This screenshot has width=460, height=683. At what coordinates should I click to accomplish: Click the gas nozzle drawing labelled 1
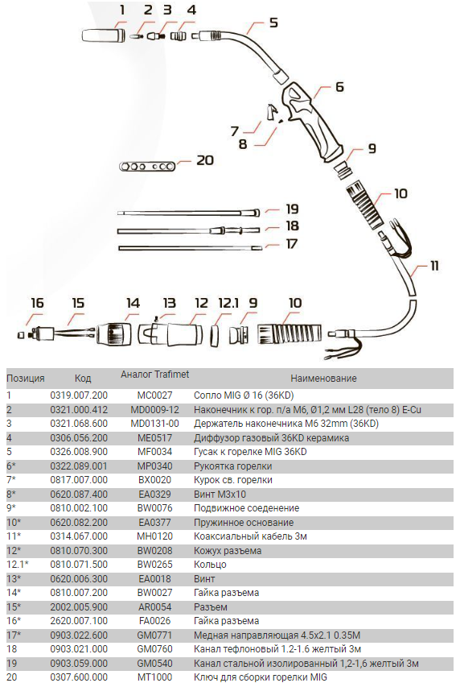(x=104, y=35)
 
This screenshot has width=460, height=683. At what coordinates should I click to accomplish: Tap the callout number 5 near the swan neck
(x=273, y=23)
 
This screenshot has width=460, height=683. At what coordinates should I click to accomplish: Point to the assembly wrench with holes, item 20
(x=147, y=166)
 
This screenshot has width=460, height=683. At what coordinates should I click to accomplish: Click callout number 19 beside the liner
(x=292, y=209)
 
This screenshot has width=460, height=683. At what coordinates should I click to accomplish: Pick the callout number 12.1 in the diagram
(x=228, y=302)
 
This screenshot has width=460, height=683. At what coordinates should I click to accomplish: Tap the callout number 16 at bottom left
(x=37, y=302)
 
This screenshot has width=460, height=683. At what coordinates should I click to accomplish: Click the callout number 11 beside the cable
(x=434, y=265)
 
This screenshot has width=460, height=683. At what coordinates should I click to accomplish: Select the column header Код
(x=83, y=378)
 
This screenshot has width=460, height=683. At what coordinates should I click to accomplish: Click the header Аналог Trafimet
(x=154, y=375)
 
